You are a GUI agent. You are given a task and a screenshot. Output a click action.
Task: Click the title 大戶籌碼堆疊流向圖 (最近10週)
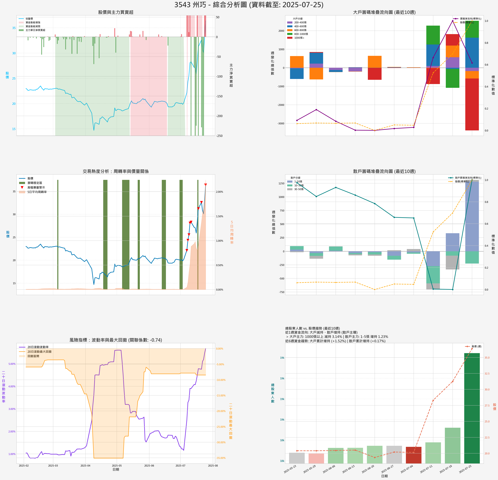coord(384,12)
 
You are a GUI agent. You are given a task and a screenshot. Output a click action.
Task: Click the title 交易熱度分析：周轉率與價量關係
coord(116,171)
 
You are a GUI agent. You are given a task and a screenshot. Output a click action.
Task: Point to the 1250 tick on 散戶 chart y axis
coord(281,183)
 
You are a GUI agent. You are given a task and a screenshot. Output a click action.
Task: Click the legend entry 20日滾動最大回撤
coord(39,351)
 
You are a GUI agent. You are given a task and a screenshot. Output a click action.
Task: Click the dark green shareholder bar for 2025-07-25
coord(472,409)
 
